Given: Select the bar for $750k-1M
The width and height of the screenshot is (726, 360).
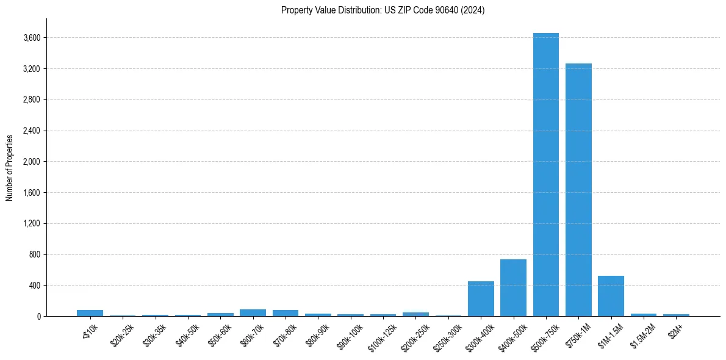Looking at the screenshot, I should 578,190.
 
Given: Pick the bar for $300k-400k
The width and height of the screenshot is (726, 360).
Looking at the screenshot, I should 481,299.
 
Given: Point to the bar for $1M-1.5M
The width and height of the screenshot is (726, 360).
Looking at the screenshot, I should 611,296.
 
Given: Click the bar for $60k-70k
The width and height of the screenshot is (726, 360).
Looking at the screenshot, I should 253,313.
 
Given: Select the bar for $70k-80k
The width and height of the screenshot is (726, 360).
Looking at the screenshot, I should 286,313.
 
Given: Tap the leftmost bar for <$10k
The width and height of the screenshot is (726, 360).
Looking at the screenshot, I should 90,313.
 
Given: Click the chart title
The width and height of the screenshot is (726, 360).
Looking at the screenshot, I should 383,10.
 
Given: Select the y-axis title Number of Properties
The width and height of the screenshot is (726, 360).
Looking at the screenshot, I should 10,167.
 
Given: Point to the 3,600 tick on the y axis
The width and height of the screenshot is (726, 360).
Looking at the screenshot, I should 32,38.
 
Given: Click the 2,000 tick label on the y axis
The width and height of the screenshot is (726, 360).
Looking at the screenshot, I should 32,162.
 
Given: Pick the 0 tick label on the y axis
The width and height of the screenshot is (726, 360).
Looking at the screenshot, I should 38,317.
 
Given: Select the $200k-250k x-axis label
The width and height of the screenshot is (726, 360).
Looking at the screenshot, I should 415,334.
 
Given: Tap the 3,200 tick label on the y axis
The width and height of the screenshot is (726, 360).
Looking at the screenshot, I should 32,69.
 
